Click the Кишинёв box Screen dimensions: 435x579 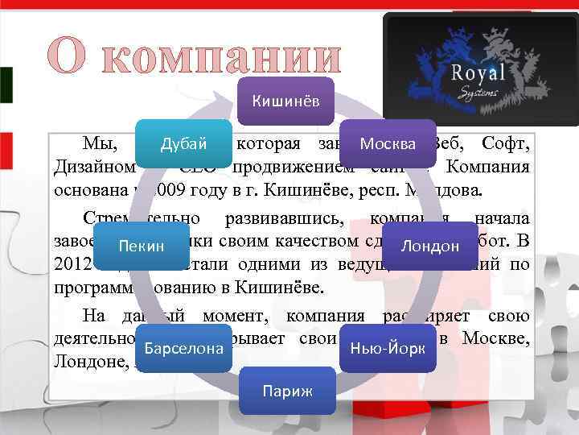(x=286, y=101)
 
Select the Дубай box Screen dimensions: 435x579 (x=183, y=144)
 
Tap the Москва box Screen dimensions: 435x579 (x=388, y=144)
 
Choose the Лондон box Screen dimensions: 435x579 (x=430, y=245)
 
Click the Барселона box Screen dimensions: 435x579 (x=184, y=349)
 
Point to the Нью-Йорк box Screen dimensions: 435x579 (x=388, y=349)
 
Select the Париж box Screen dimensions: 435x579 (x=287, y=391)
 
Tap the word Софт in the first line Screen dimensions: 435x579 (x=503, y=145)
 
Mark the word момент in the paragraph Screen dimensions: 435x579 (x=230, y=317)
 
